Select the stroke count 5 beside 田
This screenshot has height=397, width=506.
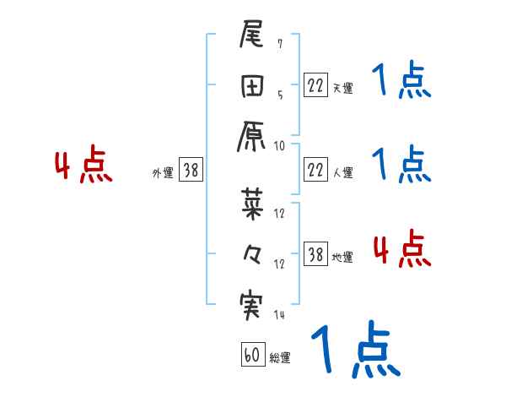(x=280, y=95)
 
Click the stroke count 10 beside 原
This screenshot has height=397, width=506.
(x=280, y=145)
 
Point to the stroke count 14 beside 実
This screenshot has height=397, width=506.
(x=280, y=314)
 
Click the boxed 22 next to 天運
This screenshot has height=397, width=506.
(x=315, y=85)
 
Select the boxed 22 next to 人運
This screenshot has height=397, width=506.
(x=315, y=170)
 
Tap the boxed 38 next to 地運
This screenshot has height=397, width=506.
(x=315, y=254)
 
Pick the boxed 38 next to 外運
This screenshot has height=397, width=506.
(x=190, y=170)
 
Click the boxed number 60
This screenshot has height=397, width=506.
(x=252, y=355)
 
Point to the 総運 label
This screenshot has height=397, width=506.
(x=280, y=358)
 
